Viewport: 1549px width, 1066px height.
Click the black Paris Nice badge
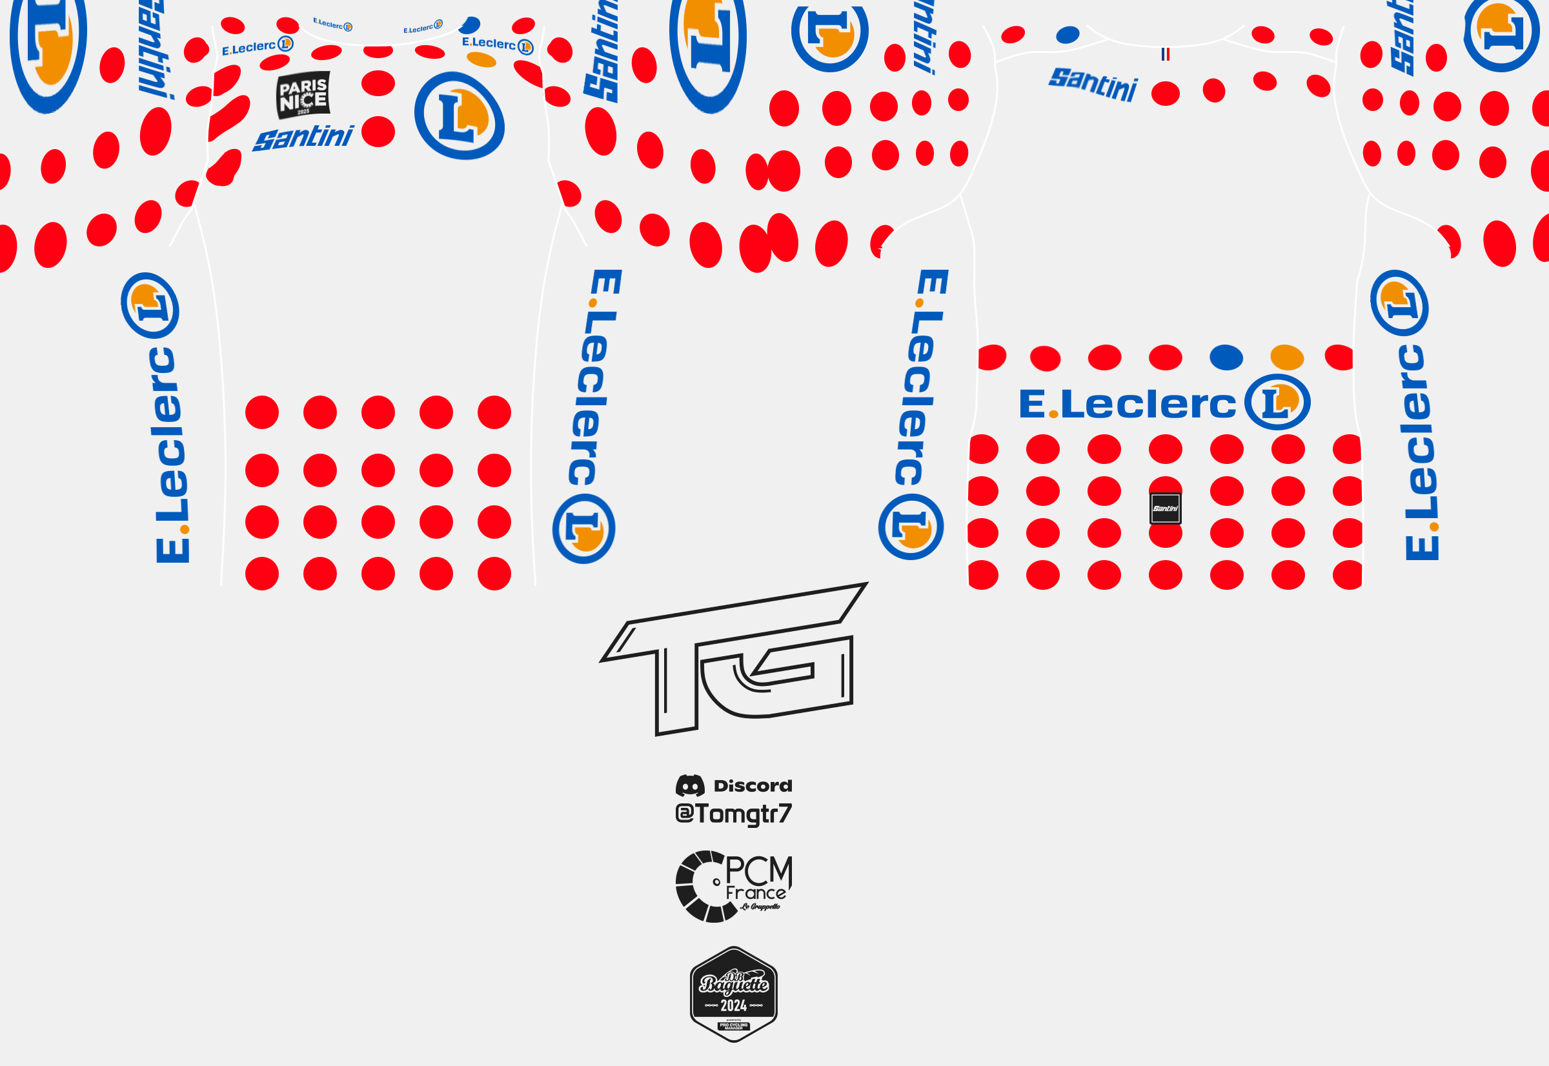click(x=303, y=95)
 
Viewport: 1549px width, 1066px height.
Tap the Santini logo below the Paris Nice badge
click(x=303, y=137)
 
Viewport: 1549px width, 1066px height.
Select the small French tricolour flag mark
click(x=1165, y=54)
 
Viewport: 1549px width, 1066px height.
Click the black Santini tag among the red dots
click(x=1165, y=508)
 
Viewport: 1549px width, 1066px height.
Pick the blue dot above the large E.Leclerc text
click(x=1226, y=357)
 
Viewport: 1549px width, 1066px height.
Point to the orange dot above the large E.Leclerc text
click(x=1286, y=357)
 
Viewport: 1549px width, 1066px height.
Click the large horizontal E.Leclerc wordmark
click(x=1128, y=404)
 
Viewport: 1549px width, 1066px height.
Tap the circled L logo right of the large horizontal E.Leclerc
click(x=1277, y=402)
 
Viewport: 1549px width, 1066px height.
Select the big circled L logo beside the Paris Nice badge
click(x=460, y=116)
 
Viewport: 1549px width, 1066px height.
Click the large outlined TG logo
click(x=733, y=658)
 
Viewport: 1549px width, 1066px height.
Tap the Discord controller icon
click(x=690, y=785)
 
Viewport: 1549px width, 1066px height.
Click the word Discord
click(x=753, y=785)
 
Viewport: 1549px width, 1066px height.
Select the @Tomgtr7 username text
click(x=733, y=814)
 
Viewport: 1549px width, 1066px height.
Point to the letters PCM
click(x=758, y=870)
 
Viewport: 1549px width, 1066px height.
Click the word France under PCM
click(x=756, y=893)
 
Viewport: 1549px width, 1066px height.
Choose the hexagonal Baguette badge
click(x=733, y=994)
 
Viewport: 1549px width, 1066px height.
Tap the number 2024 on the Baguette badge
click(x=733, y=1005)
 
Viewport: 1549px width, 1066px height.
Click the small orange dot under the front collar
click(x=481, y=60)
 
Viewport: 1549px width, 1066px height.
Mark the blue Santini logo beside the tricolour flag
click(x=1093, y=84)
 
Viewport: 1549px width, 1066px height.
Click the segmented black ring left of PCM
click(x=698, y=887)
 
